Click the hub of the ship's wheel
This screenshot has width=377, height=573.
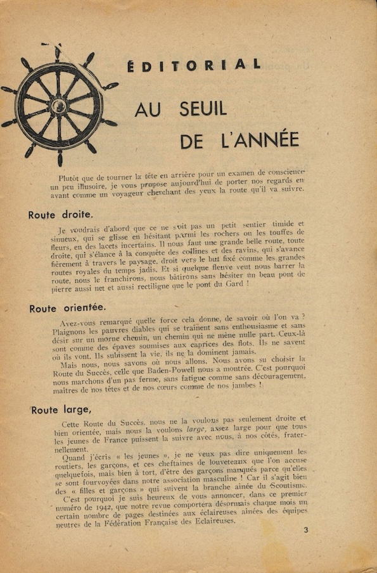click(58, 105)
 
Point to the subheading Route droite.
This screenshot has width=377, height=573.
click(60, 214)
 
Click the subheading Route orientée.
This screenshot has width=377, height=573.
click(67, 308)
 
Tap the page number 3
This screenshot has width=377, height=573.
click(305, 530)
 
